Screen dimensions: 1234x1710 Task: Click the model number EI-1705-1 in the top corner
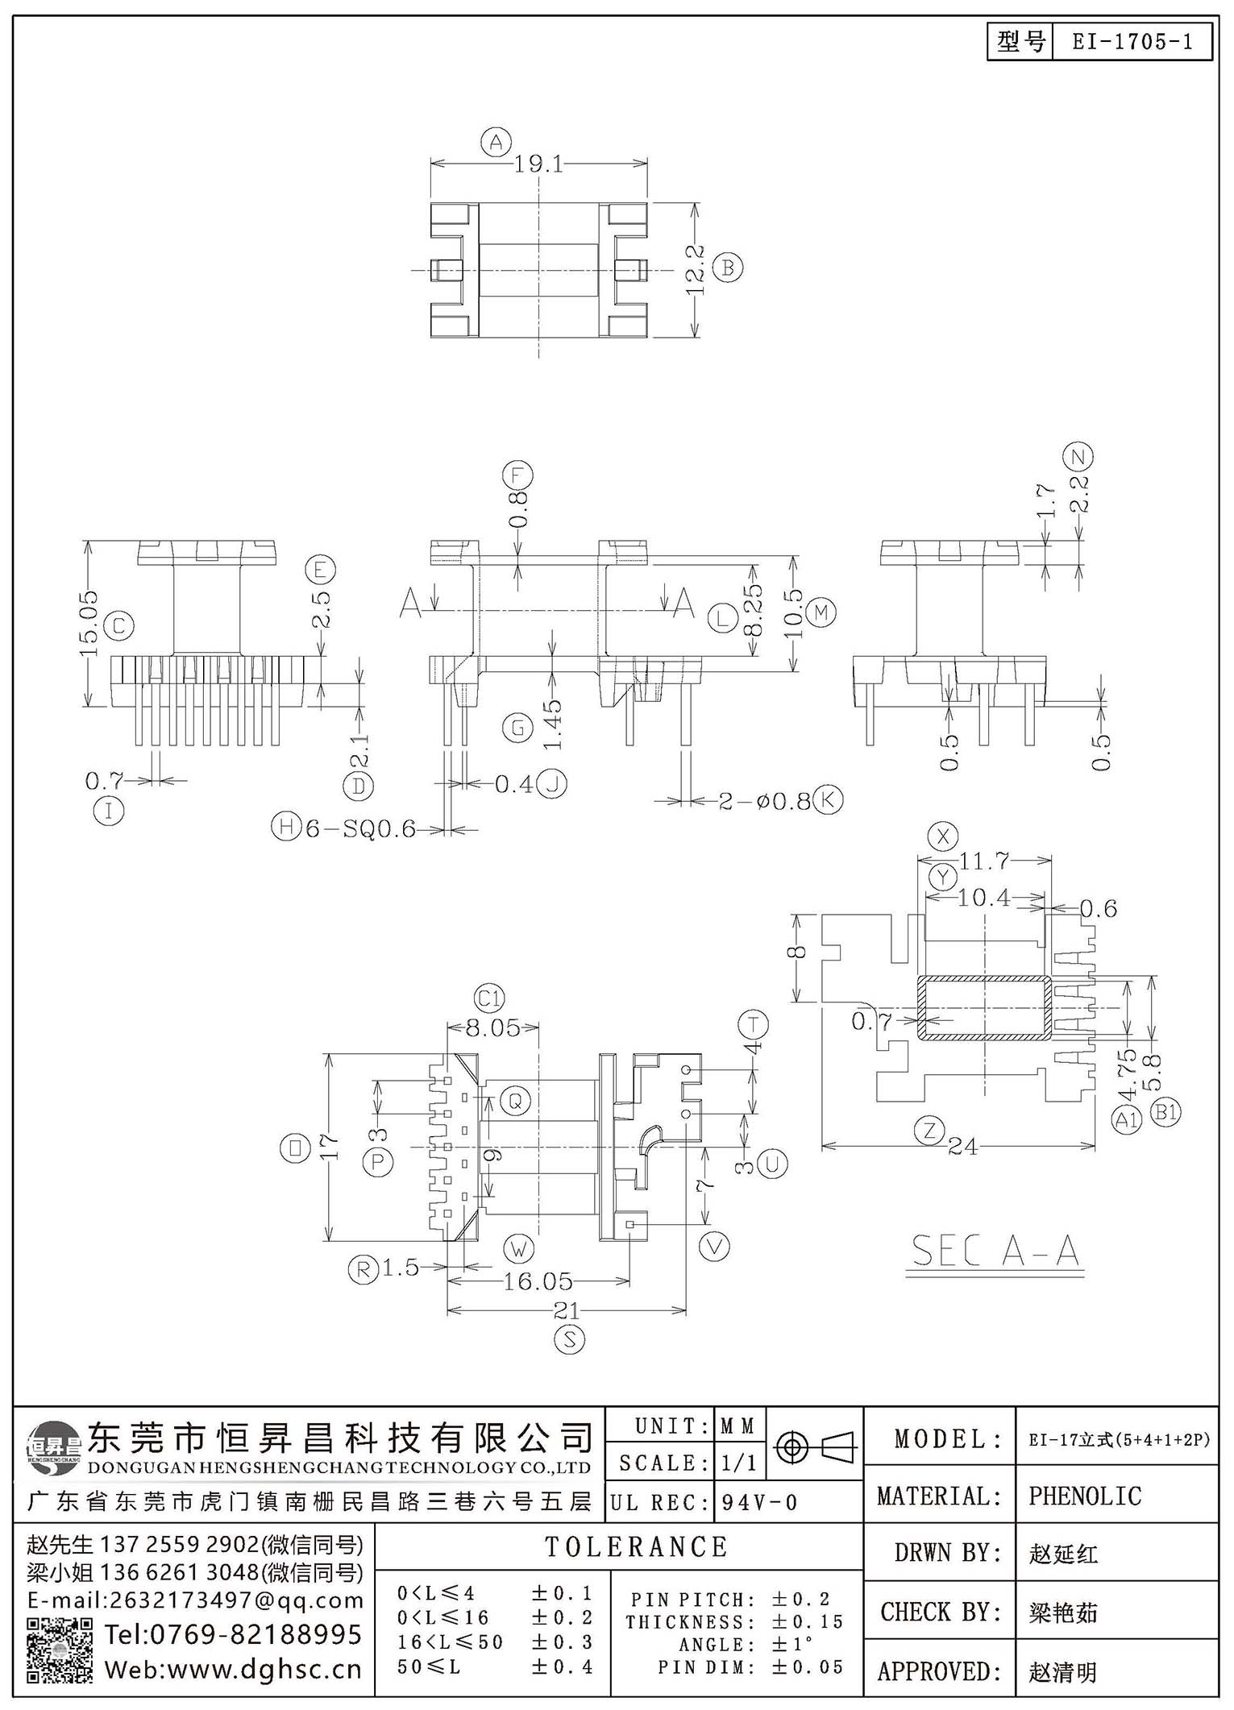(x=1132, y=42)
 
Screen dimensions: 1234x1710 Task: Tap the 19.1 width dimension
(x=539, y=164)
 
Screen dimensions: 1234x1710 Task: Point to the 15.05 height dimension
(x=89, y=623)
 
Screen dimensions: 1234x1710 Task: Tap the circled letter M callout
(x=821, y=612)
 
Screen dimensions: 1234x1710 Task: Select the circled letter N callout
(x=1078, y=457)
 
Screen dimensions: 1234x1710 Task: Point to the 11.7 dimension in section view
(x=984, y=861)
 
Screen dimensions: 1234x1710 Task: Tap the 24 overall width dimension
(x=963, y=1146)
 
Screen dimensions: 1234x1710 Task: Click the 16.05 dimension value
(x=538, y=1280)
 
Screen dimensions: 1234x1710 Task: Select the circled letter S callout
(x=569, y=1340)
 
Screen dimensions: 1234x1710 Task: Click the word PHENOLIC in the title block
(x=1085, y=1496)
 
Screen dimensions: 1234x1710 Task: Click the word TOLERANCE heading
(x=637, y=1546)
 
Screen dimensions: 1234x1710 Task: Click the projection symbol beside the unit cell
(x=814, y=1448)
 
